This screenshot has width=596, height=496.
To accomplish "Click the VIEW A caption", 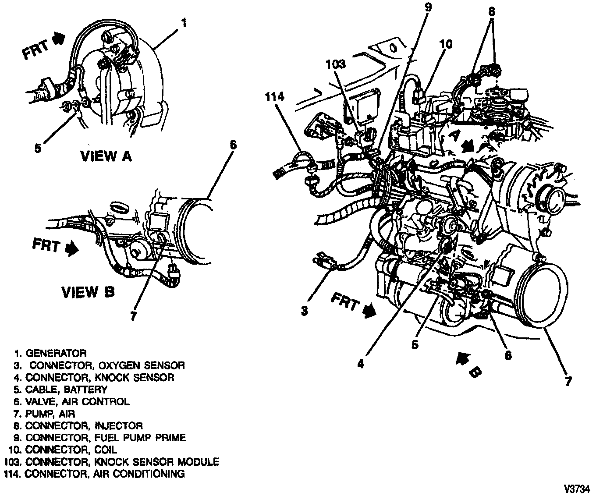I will pyautogui.click(x=106, y=156).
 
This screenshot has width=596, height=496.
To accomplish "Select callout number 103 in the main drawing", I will pyautogui.click(x=336, y=64).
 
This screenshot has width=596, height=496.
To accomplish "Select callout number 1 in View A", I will pyautogui.click(x=184, y=22).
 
